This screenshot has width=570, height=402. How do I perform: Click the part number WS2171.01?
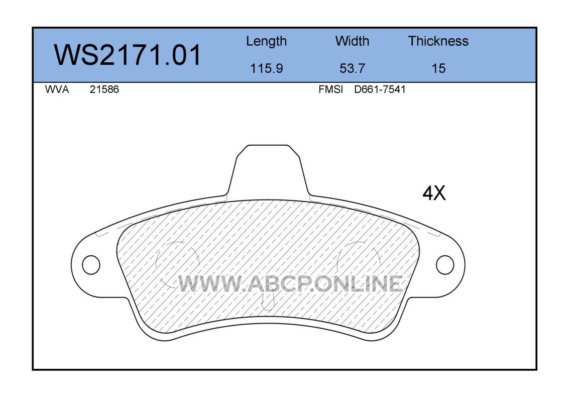[x=127, y=55]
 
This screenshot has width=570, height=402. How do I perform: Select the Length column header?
[x=267, y=42]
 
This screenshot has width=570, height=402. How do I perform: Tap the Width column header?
[x=352, y=41]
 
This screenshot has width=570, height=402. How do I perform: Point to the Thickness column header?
[x=438, y=41]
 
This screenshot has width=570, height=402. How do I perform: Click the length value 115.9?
[x=267, y=68]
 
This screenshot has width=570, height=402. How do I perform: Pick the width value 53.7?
[x=352, y=68]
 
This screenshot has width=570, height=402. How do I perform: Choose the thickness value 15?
[x=438, y=68]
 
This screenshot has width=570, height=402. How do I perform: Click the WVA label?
[x=57, y=89]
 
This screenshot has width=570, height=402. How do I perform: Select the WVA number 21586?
[x=104, y=89]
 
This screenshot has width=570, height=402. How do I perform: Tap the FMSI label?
[x=330, y=89]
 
